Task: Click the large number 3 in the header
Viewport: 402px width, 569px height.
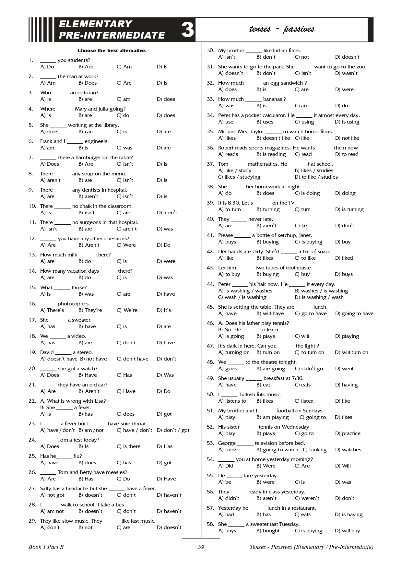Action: click(187, 30)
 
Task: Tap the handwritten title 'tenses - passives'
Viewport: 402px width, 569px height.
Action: click(281, 29)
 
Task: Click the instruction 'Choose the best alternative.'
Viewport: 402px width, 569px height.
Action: click(112, 51)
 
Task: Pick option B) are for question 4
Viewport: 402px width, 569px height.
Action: click(85, 115)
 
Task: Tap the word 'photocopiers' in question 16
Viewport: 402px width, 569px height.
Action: click(73, 304)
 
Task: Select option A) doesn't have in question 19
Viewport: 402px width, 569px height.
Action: click(59, 359)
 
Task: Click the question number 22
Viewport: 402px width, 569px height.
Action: click(32, 401)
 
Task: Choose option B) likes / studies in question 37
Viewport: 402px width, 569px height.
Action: click(314, 171)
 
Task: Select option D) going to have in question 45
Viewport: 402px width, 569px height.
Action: click(354, 314)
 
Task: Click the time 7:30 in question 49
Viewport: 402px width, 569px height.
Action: click(297, 378)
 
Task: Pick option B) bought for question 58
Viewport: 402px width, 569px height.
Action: click(268, 531)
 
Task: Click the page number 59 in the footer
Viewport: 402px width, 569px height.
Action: click(201, 547)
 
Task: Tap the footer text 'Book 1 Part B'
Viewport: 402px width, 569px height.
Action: click(46, 547)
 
